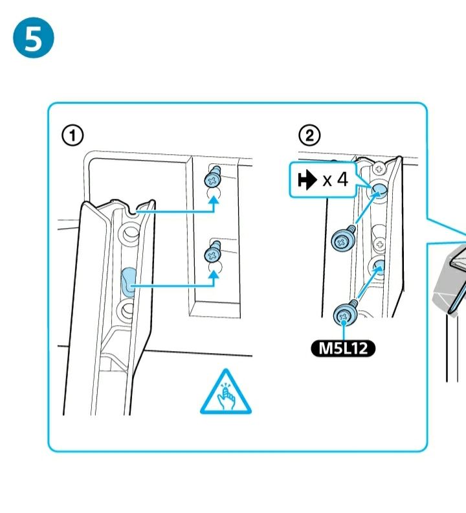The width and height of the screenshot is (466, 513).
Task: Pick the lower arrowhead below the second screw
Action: [x=214, y=275]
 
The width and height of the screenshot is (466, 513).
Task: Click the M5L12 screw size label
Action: [x=343, y=349]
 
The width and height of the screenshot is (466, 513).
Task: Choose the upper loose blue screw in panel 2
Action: [x=342, y=239]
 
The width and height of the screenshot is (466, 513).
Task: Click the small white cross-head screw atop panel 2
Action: [x=379, y=167]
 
